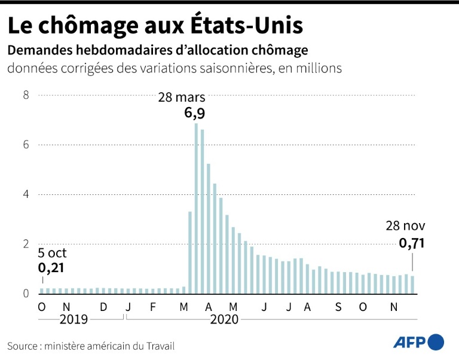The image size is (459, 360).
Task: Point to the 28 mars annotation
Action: pyautogui.click(x=182, y=97)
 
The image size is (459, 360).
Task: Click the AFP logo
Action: pyautogui.click(x=418, y=342)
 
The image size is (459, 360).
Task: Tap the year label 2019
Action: pyautogui.click(x=74, y=320)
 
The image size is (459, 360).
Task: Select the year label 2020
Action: pyautogui.click(x=224, y=320)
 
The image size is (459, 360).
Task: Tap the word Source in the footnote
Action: pyautogui.click(x=23, y=346)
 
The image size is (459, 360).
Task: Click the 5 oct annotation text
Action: pyautogui.click(x=53, y=252)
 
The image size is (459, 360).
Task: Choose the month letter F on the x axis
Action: pyautogui.click(x=153, y=307)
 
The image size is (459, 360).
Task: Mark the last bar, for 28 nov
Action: pyautogui.click(x=412, y=285)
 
